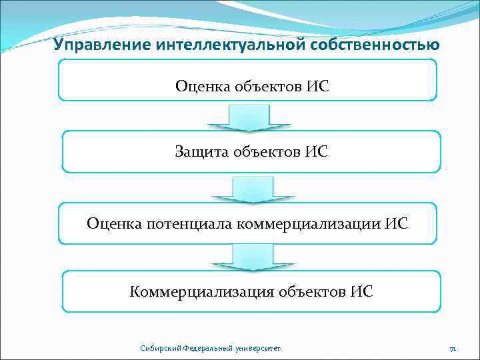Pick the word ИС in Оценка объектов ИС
[x=318, y=86]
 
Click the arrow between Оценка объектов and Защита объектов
[x=249, y=118]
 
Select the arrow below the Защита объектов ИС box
[x=250, y=189]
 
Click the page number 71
[x=452, y=349]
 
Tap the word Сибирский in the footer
[x=157, y=349]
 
